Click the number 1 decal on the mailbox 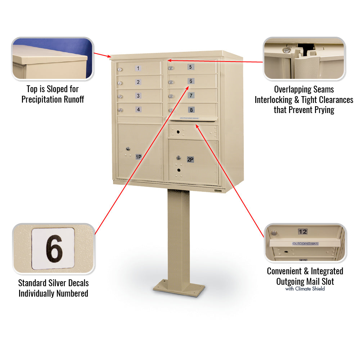[x=138, y=68]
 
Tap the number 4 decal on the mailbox [x=138, y=109]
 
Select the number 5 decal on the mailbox [x=190, y=67]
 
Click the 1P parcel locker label [x=138, y=157]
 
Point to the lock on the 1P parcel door [x=127, y=148]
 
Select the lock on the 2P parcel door [x=178, y=157]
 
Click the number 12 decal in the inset [x=302, y=231]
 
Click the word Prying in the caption [x=322, y=110]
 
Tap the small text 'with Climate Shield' [x=305, y=289]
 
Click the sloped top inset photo [x=53, y=58]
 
